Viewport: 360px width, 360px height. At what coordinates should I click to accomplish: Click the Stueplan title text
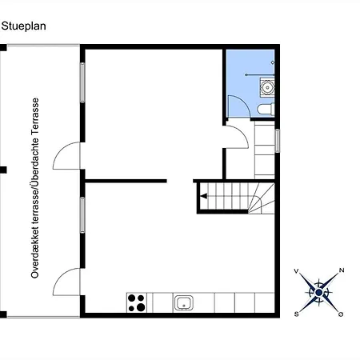point(23,26)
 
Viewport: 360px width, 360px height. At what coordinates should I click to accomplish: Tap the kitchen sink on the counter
point(184,302)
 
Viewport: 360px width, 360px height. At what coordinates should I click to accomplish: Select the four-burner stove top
point(137,302)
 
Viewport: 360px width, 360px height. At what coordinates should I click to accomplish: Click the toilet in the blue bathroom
point(266,109)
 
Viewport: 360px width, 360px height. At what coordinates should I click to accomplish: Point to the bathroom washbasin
point(267,86)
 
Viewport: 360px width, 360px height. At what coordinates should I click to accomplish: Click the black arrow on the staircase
point(204,196)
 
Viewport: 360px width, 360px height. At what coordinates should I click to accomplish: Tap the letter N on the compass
point(342,270)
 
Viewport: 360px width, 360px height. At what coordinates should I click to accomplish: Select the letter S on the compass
point(296,314)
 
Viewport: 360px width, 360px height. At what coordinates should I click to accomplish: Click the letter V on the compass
point(296,271)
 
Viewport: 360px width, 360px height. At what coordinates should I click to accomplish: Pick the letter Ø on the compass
point(341,314)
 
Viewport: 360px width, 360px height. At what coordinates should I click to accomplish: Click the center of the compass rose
point(318,293)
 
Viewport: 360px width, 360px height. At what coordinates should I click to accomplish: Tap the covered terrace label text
point(35,188)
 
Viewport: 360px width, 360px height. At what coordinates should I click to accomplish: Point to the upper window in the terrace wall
point(82,82)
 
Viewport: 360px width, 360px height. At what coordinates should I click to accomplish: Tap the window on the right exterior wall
point(278,141)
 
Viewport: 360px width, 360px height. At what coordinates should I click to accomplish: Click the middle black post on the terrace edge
point(3,170)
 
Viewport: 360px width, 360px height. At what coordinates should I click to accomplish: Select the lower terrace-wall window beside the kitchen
point(82,215)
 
